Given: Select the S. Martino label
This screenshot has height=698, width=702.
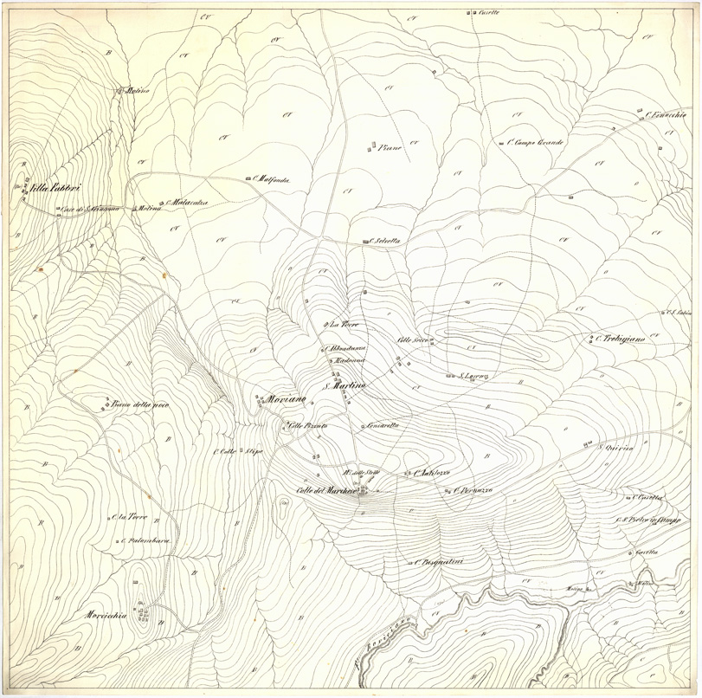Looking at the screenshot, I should coord(345,385).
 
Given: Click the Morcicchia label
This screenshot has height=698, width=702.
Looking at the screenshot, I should coord(106,615).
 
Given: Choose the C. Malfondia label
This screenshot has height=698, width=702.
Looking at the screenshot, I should coord(271,179).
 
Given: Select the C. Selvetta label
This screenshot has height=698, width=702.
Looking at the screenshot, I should coord(383,241).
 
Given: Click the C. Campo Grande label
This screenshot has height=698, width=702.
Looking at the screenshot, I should coord(535,142).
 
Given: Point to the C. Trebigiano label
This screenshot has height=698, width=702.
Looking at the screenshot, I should coord(620,339).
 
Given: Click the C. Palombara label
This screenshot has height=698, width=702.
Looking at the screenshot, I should coord(146,541).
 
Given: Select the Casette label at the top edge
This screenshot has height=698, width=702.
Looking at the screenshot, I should coord(489,12).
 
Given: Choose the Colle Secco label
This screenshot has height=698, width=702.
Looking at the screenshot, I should coord(414,339).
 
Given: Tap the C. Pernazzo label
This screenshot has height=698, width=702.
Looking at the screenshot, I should coord(473,491).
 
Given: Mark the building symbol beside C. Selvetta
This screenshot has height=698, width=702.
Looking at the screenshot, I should coord(364,242).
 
